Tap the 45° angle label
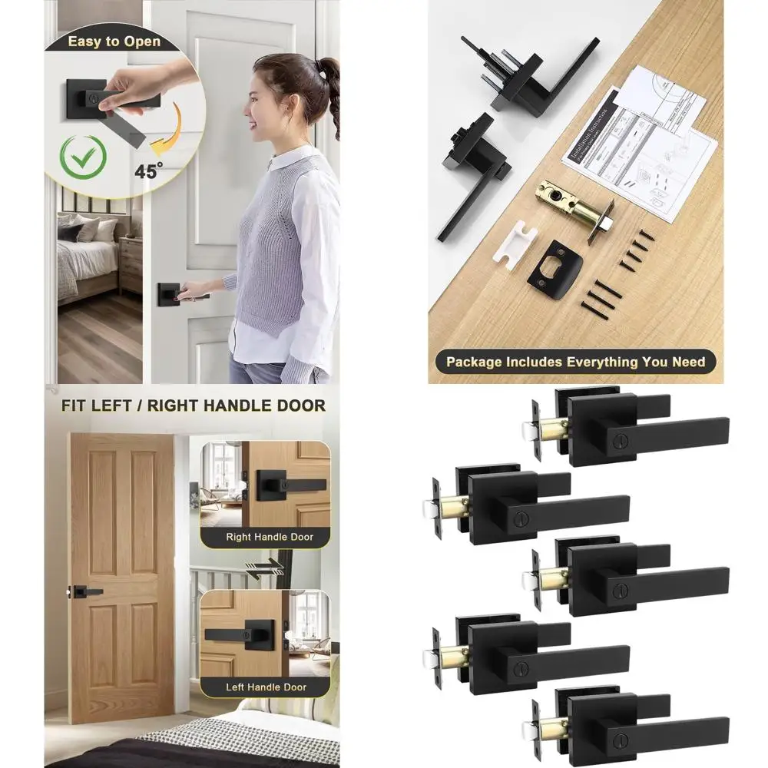[x=149, y=171]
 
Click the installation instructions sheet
[x=641, y=146]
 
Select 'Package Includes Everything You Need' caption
[x=575, y=361]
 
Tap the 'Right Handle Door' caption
[x=269, y=537]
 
